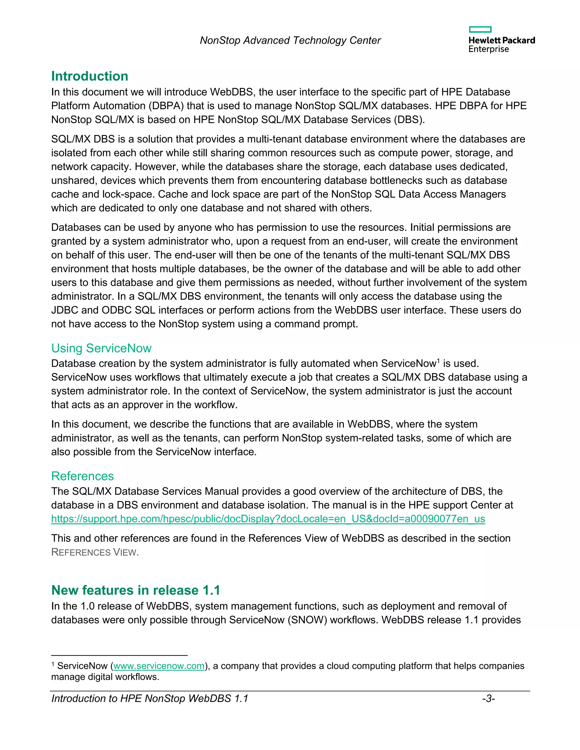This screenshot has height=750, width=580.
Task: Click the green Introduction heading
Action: (90, 76)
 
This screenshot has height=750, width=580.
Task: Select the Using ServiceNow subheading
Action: (101, 348)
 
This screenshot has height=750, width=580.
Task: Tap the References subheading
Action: (82, 476)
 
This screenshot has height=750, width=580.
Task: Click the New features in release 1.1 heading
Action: (135, 590)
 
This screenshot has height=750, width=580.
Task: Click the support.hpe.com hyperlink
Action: (268, 518)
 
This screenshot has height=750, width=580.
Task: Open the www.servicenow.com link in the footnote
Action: (159, 666)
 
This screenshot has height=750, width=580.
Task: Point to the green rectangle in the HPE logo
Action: (480, 29)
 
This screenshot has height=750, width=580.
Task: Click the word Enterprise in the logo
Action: (488, 49)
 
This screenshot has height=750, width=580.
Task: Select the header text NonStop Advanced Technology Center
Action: (290, 40)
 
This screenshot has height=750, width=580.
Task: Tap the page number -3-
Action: (488, 698)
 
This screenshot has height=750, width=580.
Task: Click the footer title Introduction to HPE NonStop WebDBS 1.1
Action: (150, 698)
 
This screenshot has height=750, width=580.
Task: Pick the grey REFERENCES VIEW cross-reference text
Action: (95, 552)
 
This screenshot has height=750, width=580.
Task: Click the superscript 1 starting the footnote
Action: (53, 664)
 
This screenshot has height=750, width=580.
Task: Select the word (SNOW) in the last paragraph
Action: (307, 620)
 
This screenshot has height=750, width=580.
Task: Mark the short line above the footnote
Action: (119, 655)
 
